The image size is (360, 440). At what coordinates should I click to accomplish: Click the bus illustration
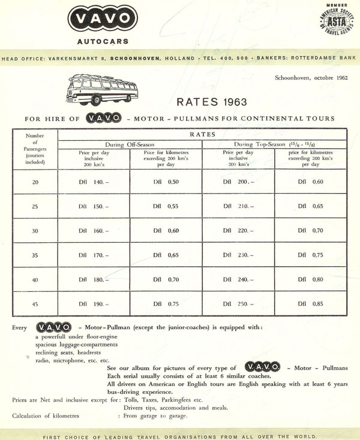coord(103,89)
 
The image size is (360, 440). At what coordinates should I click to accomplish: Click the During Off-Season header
coord(130,144)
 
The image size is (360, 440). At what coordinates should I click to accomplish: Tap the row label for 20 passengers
coord(35,182)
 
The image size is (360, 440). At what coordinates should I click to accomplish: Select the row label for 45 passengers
coord(35,304)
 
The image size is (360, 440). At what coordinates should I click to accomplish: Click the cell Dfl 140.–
coord(94,182)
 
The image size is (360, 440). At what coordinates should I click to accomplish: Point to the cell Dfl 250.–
coord(238,304)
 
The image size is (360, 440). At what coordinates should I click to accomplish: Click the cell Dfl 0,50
coord(166,182)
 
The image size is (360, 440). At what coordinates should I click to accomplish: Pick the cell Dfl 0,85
coord(310,304)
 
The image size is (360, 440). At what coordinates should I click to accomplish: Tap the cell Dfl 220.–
coord(238,231)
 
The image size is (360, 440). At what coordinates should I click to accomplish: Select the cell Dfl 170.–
coord(94,255)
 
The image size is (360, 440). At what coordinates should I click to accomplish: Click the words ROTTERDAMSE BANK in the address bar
coord(321,59)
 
